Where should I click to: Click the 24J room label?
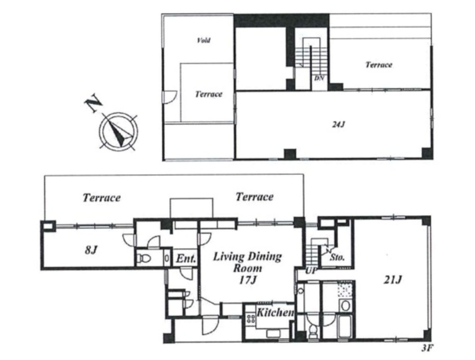[x=338, y=124]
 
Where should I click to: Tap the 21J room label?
[x=393, y=280]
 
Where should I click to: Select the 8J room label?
[x=91, y=250]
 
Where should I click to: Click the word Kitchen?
[x=275, y=312]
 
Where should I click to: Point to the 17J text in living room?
[x=248, y=280]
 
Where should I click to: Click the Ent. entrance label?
[x=186, y=259]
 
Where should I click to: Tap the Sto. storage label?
[x=337, y=258]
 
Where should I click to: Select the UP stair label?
[x=311, y=270]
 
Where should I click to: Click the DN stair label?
[x=319, y=78]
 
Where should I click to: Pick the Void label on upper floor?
[x=204, y=40]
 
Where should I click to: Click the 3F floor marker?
[x=426, y=348]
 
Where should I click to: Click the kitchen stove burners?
[x=251, y=318]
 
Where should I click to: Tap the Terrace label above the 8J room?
[x=101, y=198]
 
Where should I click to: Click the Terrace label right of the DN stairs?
[x=379, y=65]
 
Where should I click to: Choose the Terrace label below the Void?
[x=208, y=94]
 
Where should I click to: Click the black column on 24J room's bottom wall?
[x=290, y=154]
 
